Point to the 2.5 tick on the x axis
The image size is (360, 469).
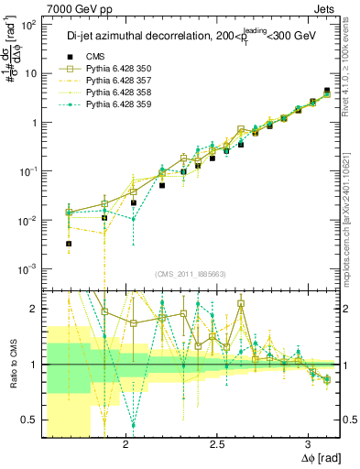pos(217,444)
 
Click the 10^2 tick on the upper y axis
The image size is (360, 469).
pos(28,25)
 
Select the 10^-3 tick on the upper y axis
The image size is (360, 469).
pos(28,268)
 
